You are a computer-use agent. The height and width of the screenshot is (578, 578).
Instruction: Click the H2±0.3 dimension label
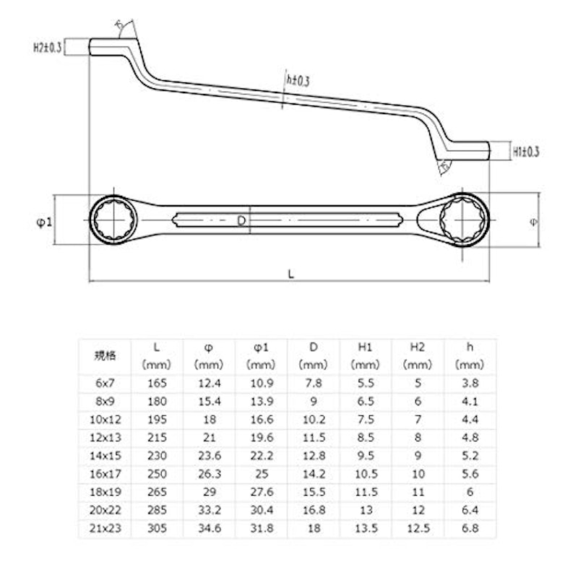pos(48,47)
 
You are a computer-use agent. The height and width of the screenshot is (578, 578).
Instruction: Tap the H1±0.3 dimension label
pos(526,152)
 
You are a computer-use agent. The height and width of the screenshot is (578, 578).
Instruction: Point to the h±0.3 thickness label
pos(298,81)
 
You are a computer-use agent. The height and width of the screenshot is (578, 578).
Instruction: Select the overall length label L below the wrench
pos(291,274)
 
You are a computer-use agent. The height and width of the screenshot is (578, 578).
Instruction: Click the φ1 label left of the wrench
pos(44,222)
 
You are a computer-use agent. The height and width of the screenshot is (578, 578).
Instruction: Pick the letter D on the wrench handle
pos(241,220)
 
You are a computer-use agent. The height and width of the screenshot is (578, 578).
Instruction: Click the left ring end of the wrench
pos(113,220)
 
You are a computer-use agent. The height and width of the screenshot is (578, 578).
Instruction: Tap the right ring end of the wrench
pos(465,220)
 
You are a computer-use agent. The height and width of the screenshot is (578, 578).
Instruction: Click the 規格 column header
pos(105,355)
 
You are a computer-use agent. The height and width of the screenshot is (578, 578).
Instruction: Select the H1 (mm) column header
pos(366,355)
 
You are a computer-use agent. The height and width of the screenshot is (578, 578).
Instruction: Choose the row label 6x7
pos(105,383)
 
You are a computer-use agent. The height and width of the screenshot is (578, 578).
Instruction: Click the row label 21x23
pos(105,528)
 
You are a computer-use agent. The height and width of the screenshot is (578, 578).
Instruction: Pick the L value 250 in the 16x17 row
pos(157,474)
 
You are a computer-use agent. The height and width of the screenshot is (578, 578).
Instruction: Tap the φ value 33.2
pos(210,510)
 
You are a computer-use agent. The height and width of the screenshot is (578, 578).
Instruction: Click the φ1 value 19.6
pos(262,438)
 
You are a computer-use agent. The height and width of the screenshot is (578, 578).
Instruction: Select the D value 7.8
pos(314,383)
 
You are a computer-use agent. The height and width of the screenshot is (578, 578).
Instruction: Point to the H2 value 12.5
pos(418,528)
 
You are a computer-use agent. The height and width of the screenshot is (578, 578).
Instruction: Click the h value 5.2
pos(470,456)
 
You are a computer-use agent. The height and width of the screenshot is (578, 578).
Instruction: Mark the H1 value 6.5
pos(366,401)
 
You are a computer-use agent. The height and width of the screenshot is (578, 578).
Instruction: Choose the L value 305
pos(157,528)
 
